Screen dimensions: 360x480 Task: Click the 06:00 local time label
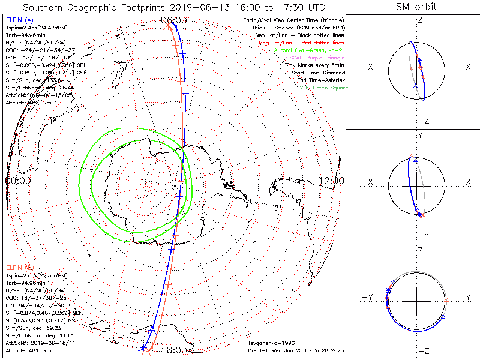tap(174, 20)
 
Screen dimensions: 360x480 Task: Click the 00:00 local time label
tap(18, 180)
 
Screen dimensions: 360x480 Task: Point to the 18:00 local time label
tap(174, 349)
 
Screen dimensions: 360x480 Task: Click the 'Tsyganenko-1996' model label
tap(269, 343)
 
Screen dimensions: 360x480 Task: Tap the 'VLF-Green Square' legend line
tap(323, 88)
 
